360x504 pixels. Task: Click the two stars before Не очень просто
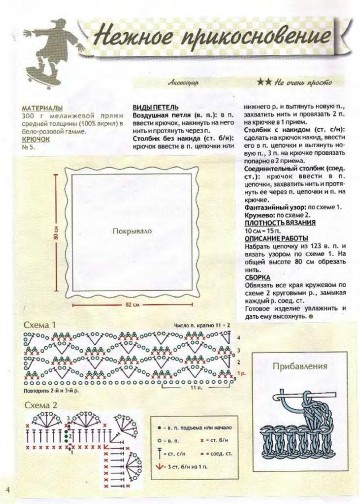(262, 85)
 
